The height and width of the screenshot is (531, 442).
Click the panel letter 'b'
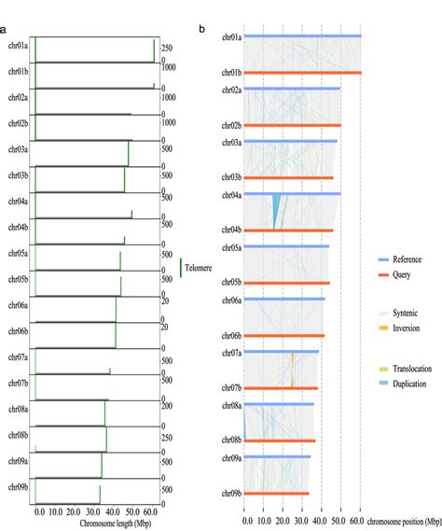pyautogui.click(x=202, y=29)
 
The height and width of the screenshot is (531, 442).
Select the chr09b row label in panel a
pyautogui.click(x=18, y=487)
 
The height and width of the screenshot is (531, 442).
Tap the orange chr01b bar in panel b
pyautogui.click(x=302, y=72)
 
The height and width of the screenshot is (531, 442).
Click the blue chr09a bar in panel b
pyautogui.click(x=278, y=457)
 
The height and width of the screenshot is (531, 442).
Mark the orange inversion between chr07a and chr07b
pyautogui.click(x=292, y=370)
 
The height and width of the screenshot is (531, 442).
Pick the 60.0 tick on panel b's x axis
pyautogui.click(x=360, y=511)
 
